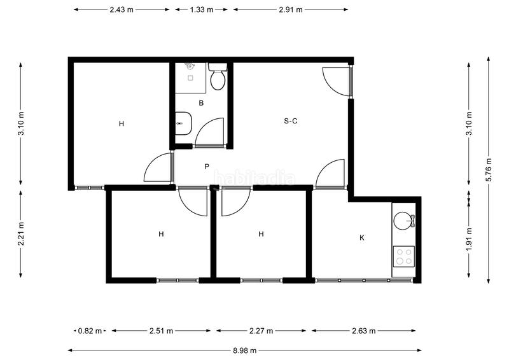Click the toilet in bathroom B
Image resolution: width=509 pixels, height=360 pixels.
pos(218,77)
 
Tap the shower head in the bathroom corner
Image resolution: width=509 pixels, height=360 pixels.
pos(189,66)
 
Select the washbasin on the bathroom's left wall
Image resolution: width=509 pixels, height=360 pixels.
pos(182,123)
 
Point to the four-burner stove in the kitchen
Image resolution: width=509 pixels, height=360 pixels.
pos(403,256)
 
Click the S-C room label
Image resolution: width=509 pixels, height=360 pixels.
pos(291,121)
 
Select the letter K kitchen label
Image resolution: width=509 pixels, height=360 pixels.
pos(362,237)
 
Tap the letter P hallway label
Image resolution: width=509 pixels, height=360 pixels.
pos(207,167)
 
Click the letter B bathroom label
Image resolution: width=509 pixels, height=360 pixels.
pos(201,102)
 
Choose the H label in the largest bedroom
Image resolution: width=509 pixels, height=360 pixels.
pos(121,123)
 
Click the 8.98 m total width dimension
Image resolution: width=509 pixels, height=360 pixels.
pos(244,350)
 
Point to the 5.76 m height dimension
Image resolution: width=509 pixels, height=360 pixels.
pos(488,169)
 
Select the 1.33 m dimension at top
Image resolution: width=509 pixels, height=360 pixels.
pos(202,10)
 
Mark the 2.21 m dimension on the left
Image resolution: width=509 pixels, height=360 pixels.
pos(22,233)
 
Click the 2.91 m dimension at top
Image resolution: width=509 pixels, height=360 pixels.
pos(290,10)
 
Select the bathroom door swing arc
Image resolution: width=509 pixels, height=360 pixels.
pos(209,132)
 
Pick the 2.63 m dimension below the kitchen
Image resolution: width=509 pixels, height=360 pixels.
pos(363,331)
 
